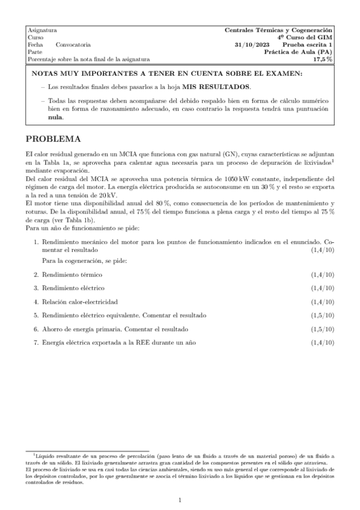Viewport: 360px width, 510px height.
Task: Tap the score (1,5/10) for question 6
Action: [x=323, y=330]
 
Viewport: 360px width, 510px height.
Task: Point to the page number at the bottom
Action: [x=180, y=500]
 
